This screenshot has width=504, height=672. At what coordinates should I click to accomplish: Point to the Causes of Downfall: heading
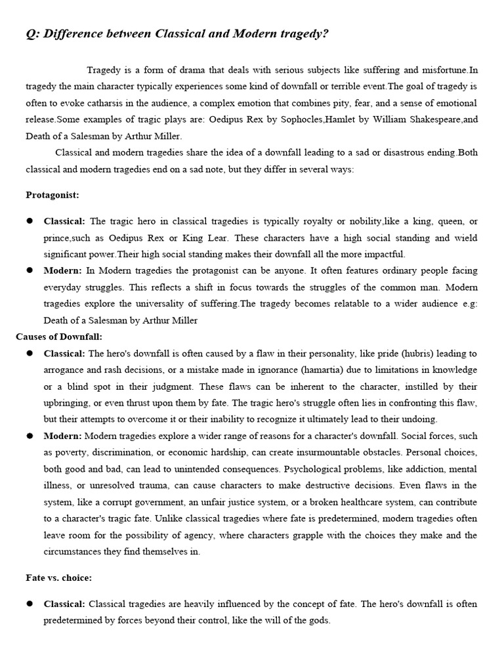coord(59,337)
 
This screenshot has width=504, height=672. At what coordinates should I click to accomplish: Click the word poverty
coord(72,453)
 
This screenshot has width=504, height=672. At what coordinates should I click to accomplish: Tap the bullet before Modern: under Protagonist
coord(30,270)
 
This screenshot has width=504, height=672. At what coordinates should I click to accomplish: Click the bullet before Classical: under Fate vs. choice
coord(30,604)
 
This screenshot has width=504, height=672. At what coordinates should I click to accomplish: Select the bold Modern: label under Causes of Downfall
coord(63,436)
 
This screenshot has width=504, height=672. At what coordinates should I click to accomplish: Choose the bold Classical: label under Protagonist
coord(64,221)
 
